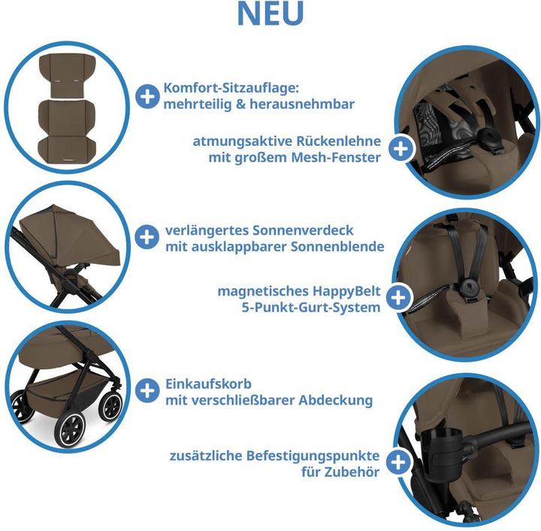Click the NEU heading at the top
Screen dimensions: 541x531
(270, 14)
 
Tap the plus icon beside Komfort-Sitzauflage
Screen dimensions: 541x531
(147, 96)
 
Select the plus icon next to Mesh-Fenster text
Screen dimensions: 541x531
(400, 149)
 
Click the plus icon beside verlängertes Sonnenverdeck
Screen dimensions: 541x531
(147, 237)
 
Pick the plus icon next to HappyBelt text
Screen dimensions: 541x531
(398, 298)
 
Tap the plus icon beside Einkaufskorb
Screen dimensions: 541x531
(147, 390)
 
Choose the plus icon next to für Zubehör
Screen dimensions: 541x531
(398, 462)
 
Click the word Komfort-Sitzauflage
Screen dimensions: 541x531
(231, 88)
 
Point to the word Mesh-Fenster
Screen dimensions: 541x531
(336, 157)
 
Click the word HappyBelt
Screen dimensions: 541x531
(346, 291)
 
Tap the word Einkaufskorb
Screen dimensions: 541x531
(208, 384)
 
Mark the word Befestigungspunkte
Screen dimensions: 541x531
(313, 456)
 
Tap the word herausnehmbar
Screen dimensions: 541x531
(302, 104)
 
